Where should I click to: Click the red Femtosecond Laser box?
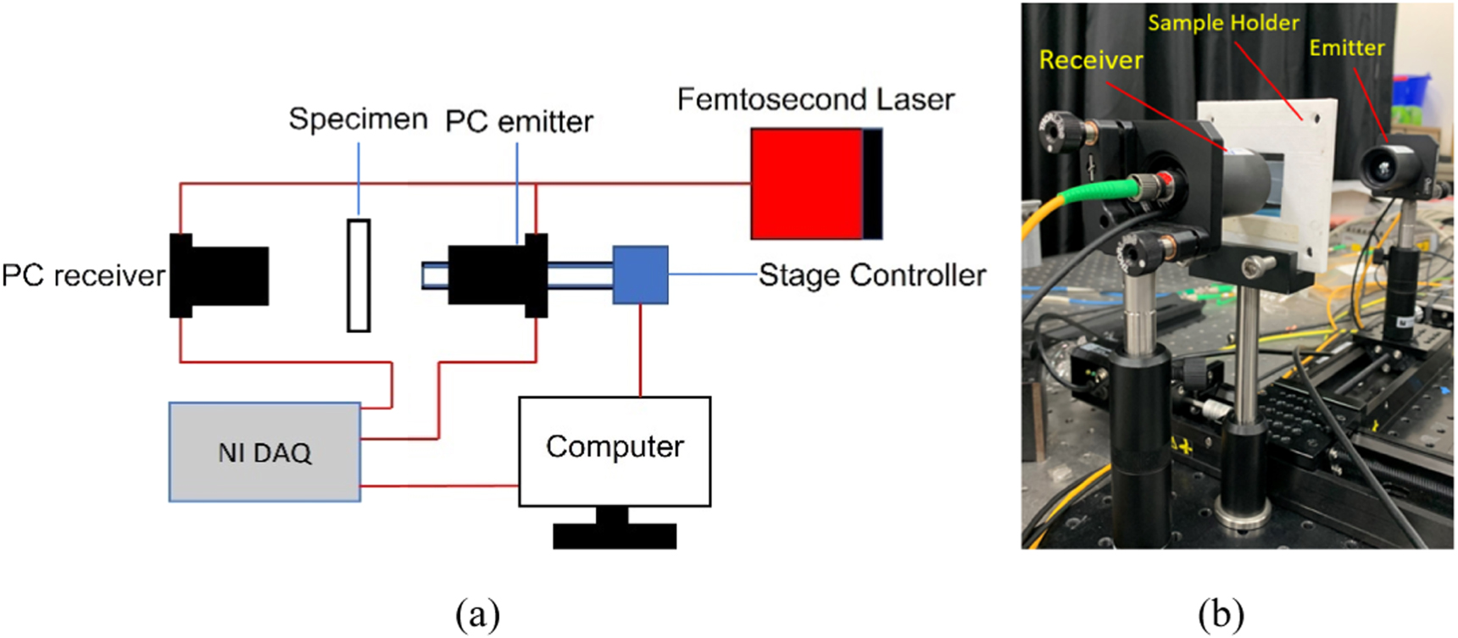click(x=806, y=184)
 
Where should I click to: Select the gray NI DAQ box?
click(x=264, y=452)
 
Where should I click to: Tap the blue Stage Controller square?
click(x=640, y=275)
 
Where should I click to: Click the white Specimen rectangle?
click(x=359, y=275)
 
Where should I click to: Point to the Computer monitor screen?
click(x=615, y=451)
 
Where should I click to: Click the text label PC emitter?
click(x=519, y=122)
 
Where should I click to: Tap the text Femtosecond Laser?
click(x=815, y=100)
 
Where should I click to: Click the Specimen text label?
click(x=358, y=119)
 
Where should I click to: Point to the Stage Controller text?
click(x=872, y=275)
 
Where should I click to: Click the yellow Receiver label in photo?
click(x=1090, y=60)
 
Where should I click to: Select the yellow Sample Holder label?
click(x=1222, y=23)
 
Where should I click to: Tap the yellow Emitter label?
click(x=1346, y=48)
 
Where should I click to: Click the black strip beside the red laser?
click(x=872, y=184)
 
